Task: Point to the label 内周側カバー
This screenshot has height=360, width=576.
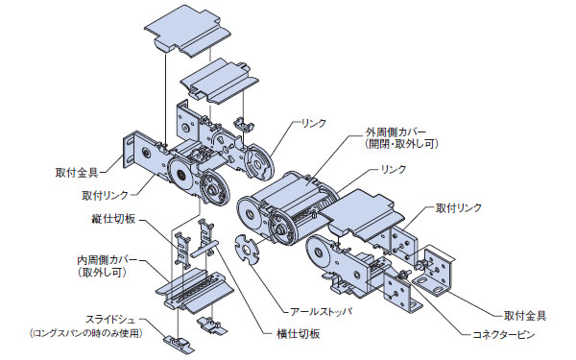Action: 108,260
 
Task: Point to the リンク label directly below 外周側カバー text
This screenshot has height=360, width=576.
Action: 394,169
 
